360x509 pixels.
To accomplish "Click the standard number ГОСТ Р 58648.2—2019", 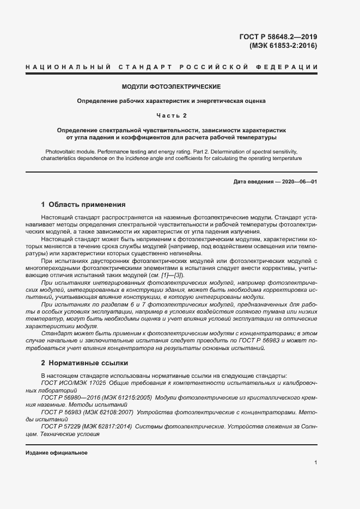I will coord(278,37).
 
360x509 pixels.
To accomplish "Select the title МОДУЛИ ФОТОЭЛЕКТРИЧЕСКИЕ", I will coord(171,87).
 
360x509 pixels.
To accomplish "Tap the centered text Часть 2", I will coord(171,115).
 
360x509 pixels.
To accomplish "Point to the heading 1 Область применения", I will coord(83,205).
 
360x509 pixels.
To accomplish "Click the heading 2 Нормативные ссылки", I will coord(84,363).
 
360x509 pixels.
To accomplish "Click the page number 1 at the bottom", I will coord(315,462).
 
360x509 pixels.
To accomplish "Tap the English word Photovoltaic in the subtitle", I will coord(57,150).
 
